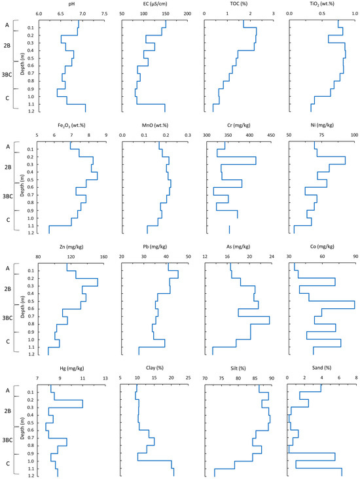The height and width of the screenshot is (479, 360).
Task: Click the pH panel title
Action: [72, 4]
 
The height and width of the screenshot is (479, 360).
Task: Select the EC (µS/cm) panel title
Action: [154, 4]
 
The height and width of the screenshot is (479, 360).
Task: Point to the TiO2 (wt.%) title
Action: [322, 4]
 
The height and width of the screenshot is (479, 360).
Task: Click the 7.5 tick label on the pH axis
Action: [105, 14]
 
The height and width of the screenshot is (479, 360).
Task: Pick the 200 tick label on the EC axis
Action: [187, 14]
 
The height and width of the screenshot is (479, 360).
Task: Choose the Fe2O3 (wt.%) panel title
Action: [71, 126]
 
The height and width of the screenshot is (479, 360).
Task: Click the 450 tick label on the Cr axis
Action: [271, 135]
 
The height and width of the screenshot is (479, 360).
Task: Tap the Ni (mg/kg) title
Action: [322, 125]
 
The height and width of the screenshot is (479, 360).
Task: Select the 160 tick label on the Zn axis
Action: [104, 257]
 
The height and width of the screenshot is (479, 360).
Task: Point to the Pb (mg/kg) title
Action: [155, 247]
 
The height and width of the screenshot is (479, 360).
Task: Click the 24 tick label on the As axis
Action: [272, 257]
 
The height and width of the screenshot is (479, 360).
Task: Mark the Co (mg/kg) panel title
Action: [322, 247]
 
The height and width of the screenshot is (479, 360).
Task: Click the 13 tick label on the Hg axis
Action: [105, 378]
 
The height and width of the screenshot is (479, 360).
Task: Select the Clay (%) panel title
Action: [155, 368]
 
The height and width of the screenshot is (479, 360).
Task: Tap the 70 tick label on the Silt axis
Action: [205, 378]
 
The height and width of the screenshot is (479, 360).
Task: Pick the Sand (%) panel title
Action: [322, 368]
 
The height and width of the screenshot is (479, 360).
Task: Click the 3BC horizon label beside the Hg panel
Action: [7, 440]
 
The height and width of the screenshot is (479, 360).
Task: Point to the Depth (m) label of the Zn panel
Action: [23, 307]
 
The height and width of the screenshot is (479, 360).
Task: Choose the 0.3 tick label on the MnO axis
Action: [188, 135]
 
